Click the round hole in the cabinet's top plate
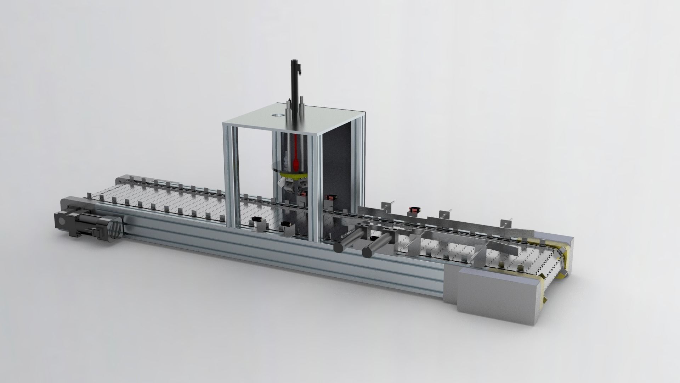pyautogui.click(x=278, y=116)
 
